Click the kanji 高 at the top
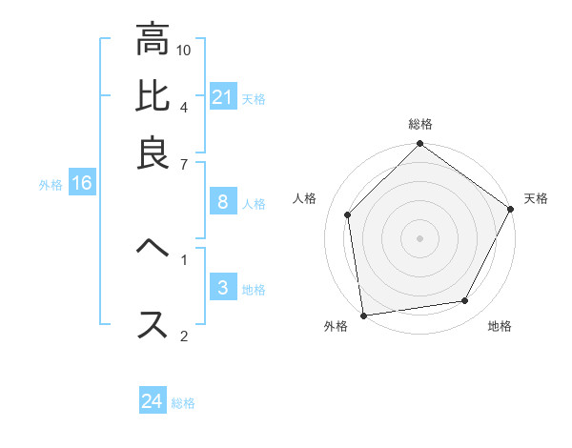coord(153,40)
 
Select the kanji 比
coord(153,96)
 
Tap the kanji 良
coord(153,152)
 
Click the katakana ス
coord(153,323)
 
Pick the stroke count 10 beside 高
coord(184,50)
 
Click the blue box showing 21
coord(223,96)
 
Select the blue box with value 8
coord(222,201)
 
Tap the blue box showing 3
coord(222,288)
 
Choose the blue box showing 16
coord(82,183)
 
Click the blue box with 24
coord(153,401)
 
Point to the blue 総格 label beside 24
coord(183,403)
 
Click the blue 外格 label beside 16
coord(50,185)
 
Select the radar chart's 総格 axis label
coord(420,125)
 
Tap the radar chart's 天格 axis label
coord(537,198)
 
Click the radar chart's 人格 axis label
coord(305,198)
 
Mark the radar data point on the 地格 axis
coord(465,301)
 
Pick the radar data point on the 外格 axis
coord(363,315)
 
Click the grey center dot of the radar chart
coord(419,237)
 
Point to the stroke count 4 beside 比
coord(183,106)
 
